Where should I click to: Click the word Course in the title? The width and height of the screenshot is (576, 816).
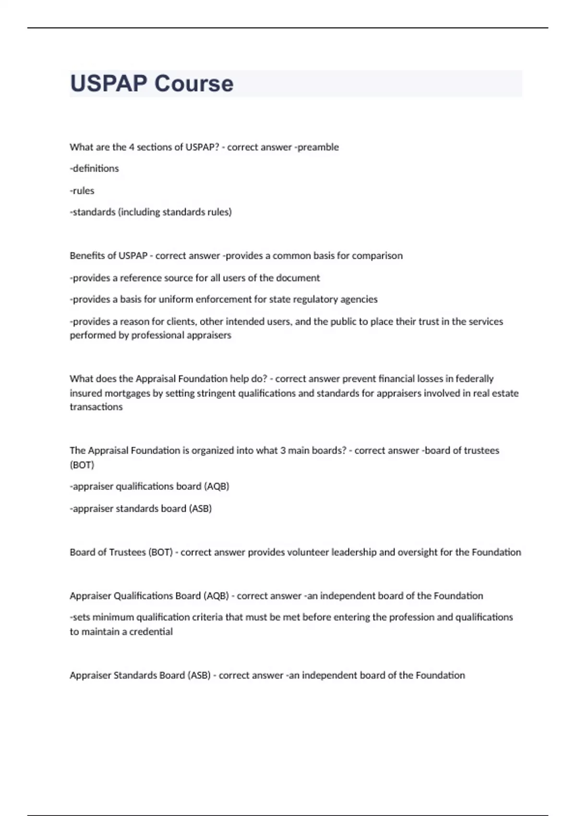click(x=194, y=84)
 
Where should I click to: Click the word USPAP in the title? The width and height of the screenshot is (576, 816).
click(x=108, y=84)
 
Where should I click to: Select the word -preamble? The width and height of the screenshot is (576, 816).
click(x=316, y=147)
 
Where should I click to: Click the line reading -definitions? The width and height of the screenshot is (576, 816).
click(x=94, y=168)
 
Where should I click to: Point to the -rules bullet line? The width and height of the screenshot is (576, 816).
click(x=82, y=191)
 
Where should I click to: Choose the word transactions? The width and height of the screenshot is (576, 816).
click(x=96, y=407)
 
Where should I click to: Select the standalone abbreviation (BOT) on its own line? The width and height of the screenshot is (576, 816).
click(x=82, y=465)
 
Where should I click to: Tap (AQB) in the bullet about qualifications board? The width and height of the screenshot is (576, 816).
click(x=217, y=487)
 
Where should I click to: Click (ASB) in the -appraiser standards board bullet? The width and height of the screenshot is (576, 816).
click(x=200, y=509)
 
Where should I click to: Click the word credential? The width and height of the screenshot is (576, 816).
click(x=151, y=632)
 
